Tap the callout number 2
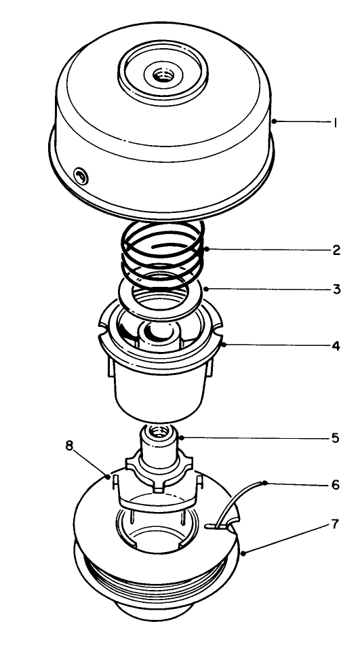click(x=337, y=250)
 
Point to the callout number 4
click(x=337, y=345)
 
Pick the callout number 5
click(x=337, y=437)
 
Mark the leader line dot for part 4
click(x=224, y=345)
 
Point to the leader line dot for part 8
click(x=110, y=477)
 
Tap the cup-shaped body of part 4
click(x=161, y=390)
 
